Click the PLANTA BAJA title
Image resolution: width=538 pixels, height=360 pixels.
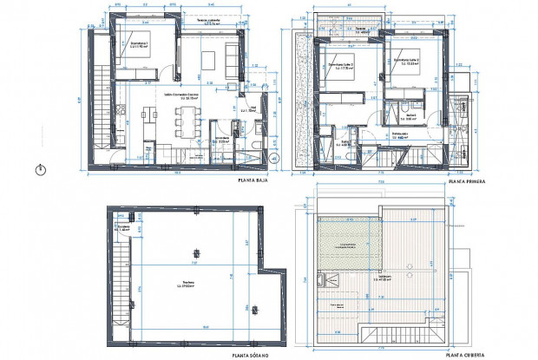coord(254,181)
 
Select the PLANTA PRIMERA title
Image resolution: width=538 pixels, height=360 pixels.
coord(465,182)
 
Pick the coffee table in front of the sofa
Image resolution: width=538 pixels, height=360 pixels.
coord(209,61)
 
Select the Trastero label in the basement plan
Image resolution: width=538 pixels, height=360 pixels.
coord(187,282)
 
